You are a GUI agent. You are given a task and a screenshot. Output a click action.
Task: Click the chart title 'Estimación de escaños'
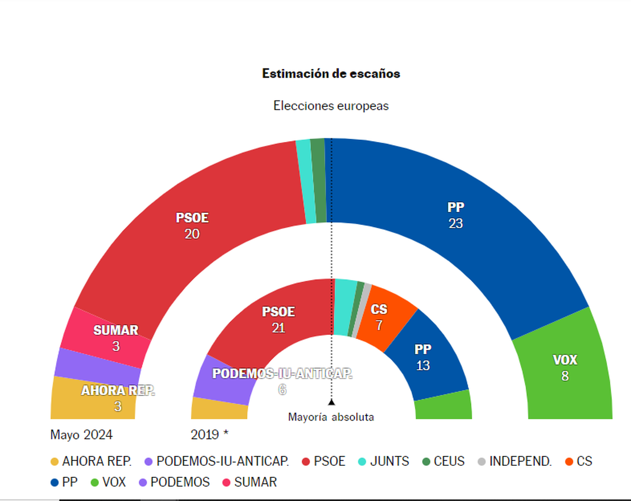coord(331,74)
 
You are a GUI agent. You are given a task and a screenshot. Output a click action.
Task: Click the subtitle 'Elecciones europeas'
coord(331,106)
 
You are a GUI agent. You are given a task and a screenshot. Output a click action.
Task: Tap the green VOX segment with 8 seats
coord(565,368)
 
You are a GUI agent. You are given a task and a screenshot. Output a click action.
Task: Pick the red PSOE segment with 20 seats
coord(192,226)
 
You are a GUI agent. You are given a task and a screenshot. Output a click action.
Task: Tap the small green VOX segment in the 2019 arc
coord(443,406)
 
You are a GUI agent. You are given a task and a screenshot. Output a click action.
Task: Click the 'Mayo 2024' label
coord(81,435)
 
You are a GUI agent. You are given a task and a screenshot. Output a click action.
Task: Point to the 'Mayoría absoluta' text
coord(331,417)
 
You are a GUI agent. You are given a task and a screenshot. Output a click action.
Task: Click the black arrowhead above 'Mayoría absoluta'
coord(331,402)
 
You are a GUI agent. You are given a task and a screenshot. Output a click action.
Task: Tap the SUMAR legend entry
coord(250,482)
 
